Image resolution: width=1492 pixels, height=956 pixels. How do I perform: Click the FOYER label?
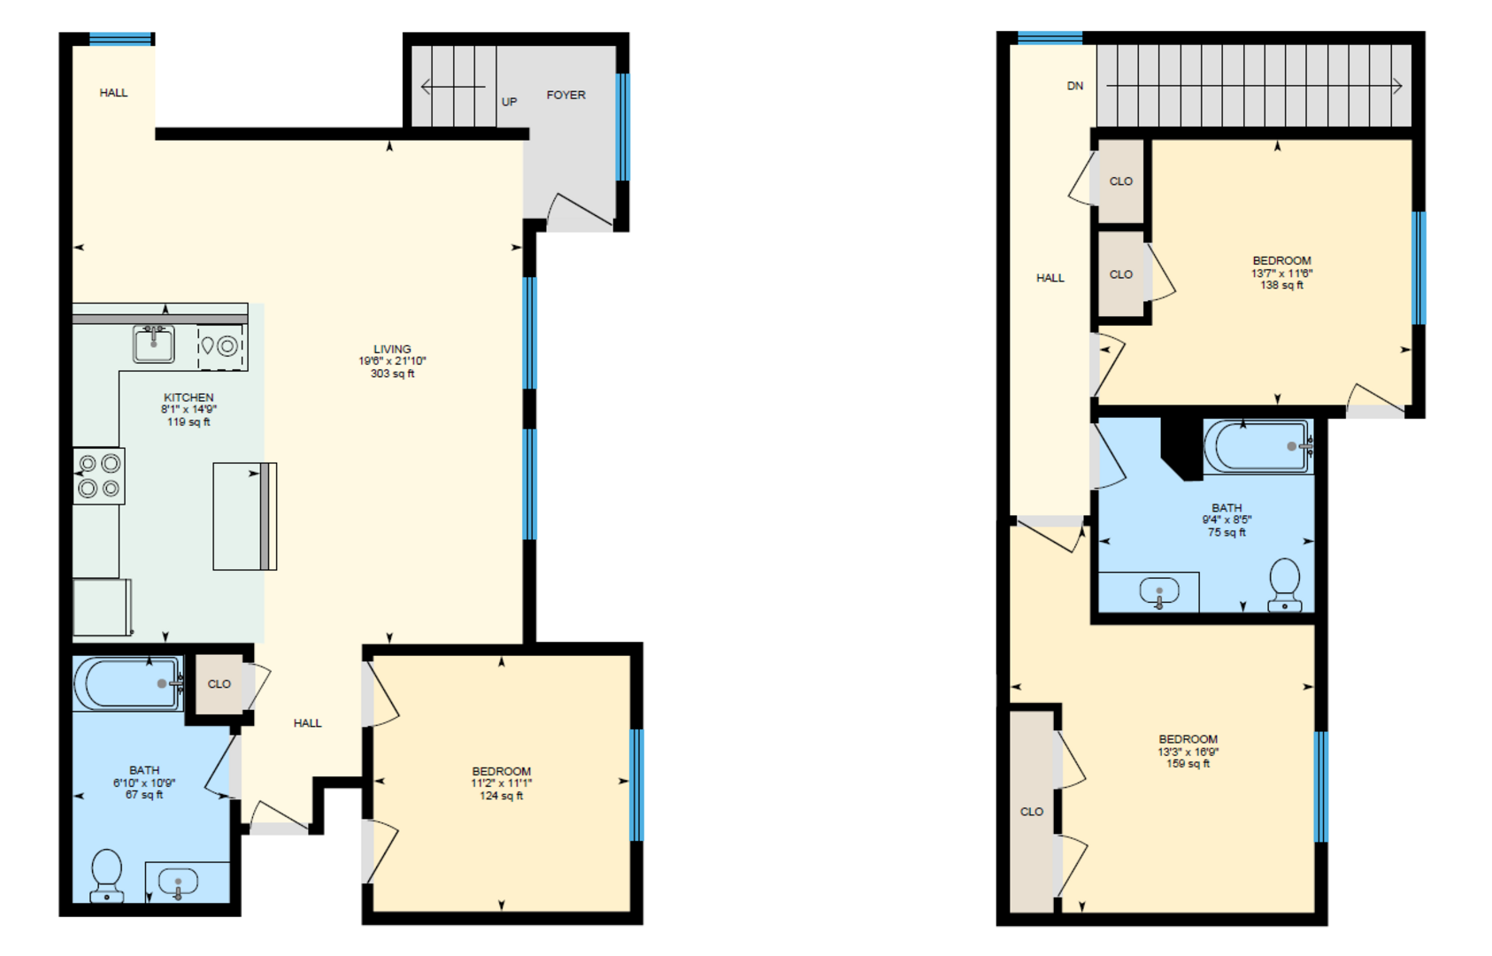click(x=566, y=96)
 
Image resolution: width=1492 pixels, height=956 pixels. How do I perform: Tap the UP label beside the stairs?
click(x=510, y=102)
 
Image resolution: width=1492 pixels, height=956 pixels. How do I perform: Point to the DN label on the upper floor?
click(x=1075, y=86)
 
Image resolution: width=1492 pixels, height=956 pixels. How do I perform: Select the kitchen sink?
click(x=154, y=343)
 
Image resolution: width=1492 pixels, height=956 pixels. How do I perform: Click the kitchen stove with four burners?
click(x=99, y=475)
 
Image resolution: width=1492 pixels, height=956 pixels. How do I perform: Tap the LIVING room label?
click(x=392, y=349)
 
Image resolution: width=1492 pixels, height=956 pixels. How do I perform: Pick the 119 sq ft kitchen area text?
click(x=188, y=421)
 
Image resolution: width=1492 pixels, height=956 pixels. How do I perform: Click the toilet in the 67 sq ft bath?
click(x=106, y=875)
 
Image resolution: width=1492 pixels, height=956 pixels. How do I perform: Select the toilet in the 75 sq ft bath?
click(x=1284, y=584)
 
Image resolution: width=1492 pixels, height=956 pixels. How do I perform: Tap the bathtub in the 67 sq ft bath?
click(x=127, y=683)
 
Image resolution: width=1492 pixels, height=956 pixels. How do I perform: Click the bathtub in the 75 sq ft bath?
click(x=1258, y=445)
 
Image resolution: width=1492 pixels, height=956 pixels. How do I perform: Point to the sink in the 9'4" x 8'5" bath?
click(x=1159, y=591)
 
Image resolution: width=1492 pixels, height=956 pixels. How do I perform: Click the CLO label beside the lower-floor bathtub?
click(x=219, y=684)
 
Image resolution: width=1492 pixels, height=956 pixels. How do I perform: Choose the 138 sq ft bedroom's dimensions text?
click(x=1282, y=274)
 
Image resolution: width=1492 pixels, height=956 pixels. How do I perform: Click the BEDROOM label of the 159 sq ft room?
click(x=1188, y=739)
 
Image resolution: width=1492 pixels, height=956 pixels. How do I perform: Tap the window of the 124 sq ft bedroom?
click(x=637, y=785)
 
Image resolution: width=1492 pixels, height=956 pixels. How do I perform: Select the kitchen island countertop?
click(x=245, y=516)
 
